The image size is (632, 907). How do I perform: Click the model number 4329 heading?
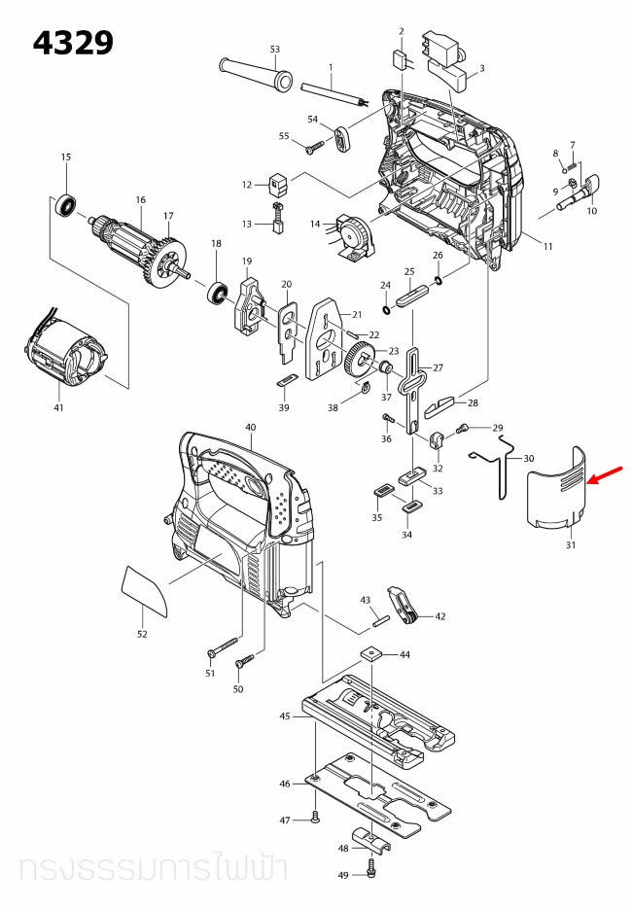pyautogui.click(x=73, y=44)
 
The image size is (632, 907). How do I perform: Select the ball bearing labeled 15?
pyautogui.click(x=67, y=205)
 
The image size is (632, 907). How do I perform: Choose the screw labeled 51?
pyautogui.click(x=223, y=645)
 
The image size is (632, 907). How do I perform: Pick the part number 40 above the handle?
pyautogui.click(x=250, y=428)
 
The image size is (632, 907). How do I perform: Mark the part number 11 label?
pyautogui.click(x=547, y=246)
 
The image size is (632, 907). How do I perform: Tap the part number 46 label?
pyautogui.click(x=285, y=784)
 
